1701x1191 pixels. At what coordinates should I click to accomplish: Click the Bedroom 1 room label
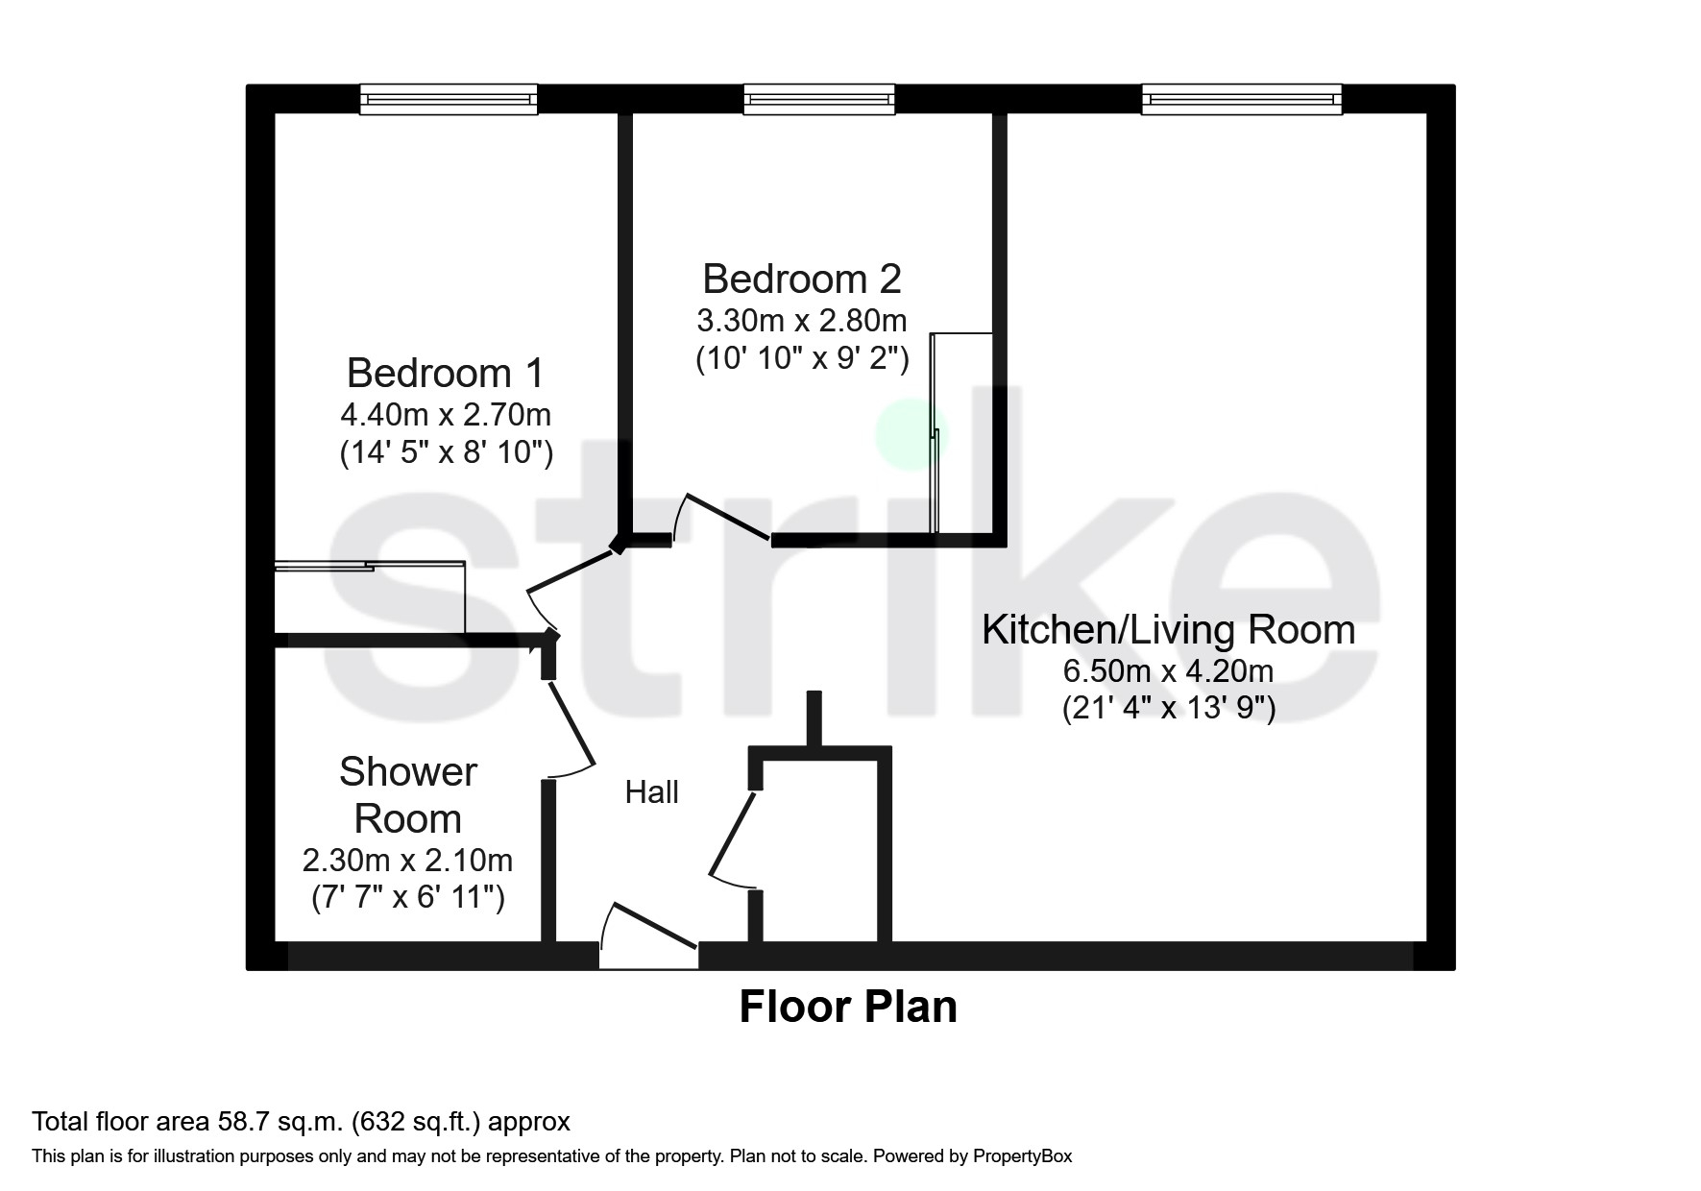pyautogui.click(x=446, y=373)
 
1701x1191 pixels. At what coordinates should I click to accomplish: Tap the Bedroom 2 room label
pyautogui.click(x=801, y=279)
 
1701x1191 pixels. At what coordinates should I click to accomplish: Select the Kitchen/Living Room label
pyautogui.click(x=1168, y=630)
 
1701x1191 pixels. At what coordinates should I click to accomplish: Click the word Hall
pyautogui.click(x=651, y=792)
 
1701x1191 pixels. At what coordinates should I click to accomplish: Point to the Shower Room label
pyautogui.click(x=407, y=795)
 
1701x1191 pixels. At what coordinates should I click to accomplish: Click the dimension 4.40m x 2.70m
pyautogui.click(x=446, y=415)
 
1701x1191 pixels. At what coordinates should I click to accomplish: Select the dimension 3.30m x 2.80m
pyautogui.click(x=801, y=319)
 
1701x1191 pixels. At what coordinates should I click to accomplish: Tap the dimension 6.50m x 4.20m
pyautogui.click(x=1168, y=670)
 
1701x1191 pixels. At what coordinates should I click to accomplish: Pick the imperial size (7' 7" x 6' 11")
pyautogui.click(x=408, y=898)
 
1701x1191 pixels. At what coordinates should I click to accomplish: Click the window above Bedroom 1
pyautogui.click(x=449, y=99)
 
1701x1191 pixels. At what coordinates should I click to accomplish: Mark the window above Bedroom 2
pyautogui.click(x=819, y=99)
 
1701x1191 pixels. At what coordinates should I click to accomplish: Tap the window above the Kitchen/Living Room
pyautogui.click(x=1241, y=99)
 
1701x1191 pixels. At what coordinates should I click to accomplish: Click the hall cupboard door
pyautogui.click(x=732, y=831)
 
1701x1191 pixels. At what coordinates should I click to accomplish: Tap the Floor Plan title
pyautogui.click(x=848, y=1008)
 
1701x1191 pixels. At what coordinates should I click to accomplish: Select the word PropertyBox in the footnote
pyautogui.click(x=1022, y=1156)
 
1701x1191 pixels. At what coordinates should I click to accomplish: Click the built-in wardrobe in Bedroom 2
pyautogui.click(x=963, y=432)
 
